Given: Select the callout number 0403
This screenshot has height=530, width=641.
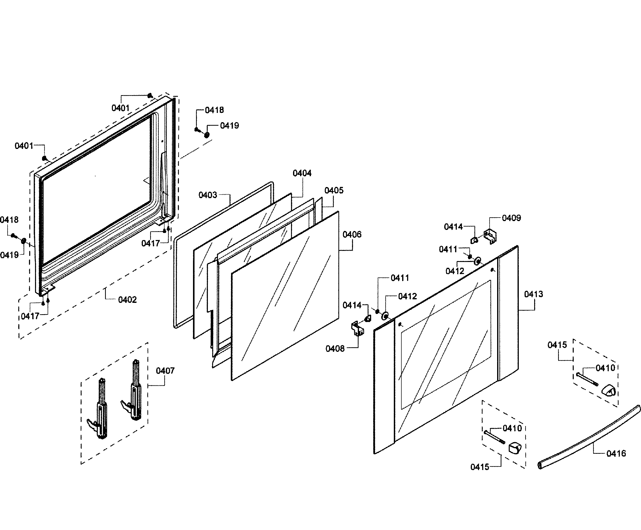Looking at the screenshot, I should [208, 195].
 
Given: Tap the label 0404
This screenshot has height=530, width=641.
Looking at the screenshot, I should [302, 173].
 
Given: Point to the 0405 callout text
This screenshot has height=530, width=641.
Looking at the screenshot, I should [334, 190].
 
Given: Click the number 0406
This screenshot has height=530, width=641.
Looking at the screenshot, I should [352, 234].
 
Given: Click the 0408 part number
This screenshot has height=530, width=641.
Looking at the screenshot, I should [335, 348].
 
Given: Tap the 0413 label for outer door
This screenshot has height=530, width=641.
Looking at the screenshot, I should [533, 294].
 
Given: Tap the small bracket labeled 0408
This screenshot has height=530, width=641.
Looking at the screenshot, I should [358, 328].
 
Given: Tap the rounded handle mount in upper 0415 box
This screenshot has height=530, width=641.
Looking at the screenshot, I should [608, 390].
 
